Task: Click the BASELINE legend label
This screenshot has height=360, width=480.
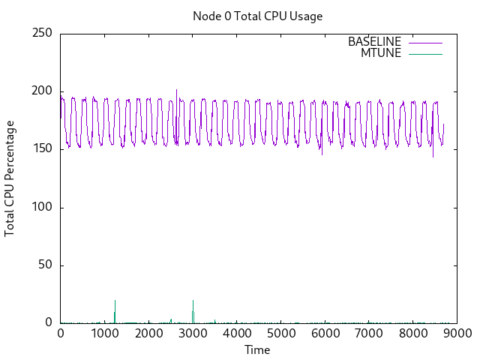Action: (x=374, y=42)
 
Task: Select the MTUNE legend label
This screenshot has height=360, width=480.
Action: (x=381, y=53)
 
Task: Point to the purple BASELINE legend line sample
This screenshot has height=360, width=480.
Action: (x=425, y=42)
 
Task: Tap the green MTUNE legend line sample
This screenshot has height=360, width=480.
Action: (x=425, y=53)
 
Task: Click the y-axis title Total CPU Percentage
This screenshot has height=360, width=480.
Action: (x=10, y=178)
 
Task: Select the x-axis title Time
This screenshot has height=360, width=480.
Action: (x=257, y=349)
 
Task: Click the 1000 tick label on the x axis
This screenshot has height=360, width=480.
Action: (x=104, y=334)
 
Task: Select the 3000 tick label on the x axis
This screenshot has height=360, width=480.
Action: (x=193, y=334)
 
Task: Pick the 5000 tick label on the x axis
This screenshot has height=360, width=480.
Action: (x=280, y=334)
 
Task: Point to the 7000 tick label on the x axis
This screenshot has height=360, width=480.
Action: (x=368, y=334)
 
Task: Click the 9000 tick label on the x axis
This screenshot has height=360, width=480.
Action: (x=457, y=334)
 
